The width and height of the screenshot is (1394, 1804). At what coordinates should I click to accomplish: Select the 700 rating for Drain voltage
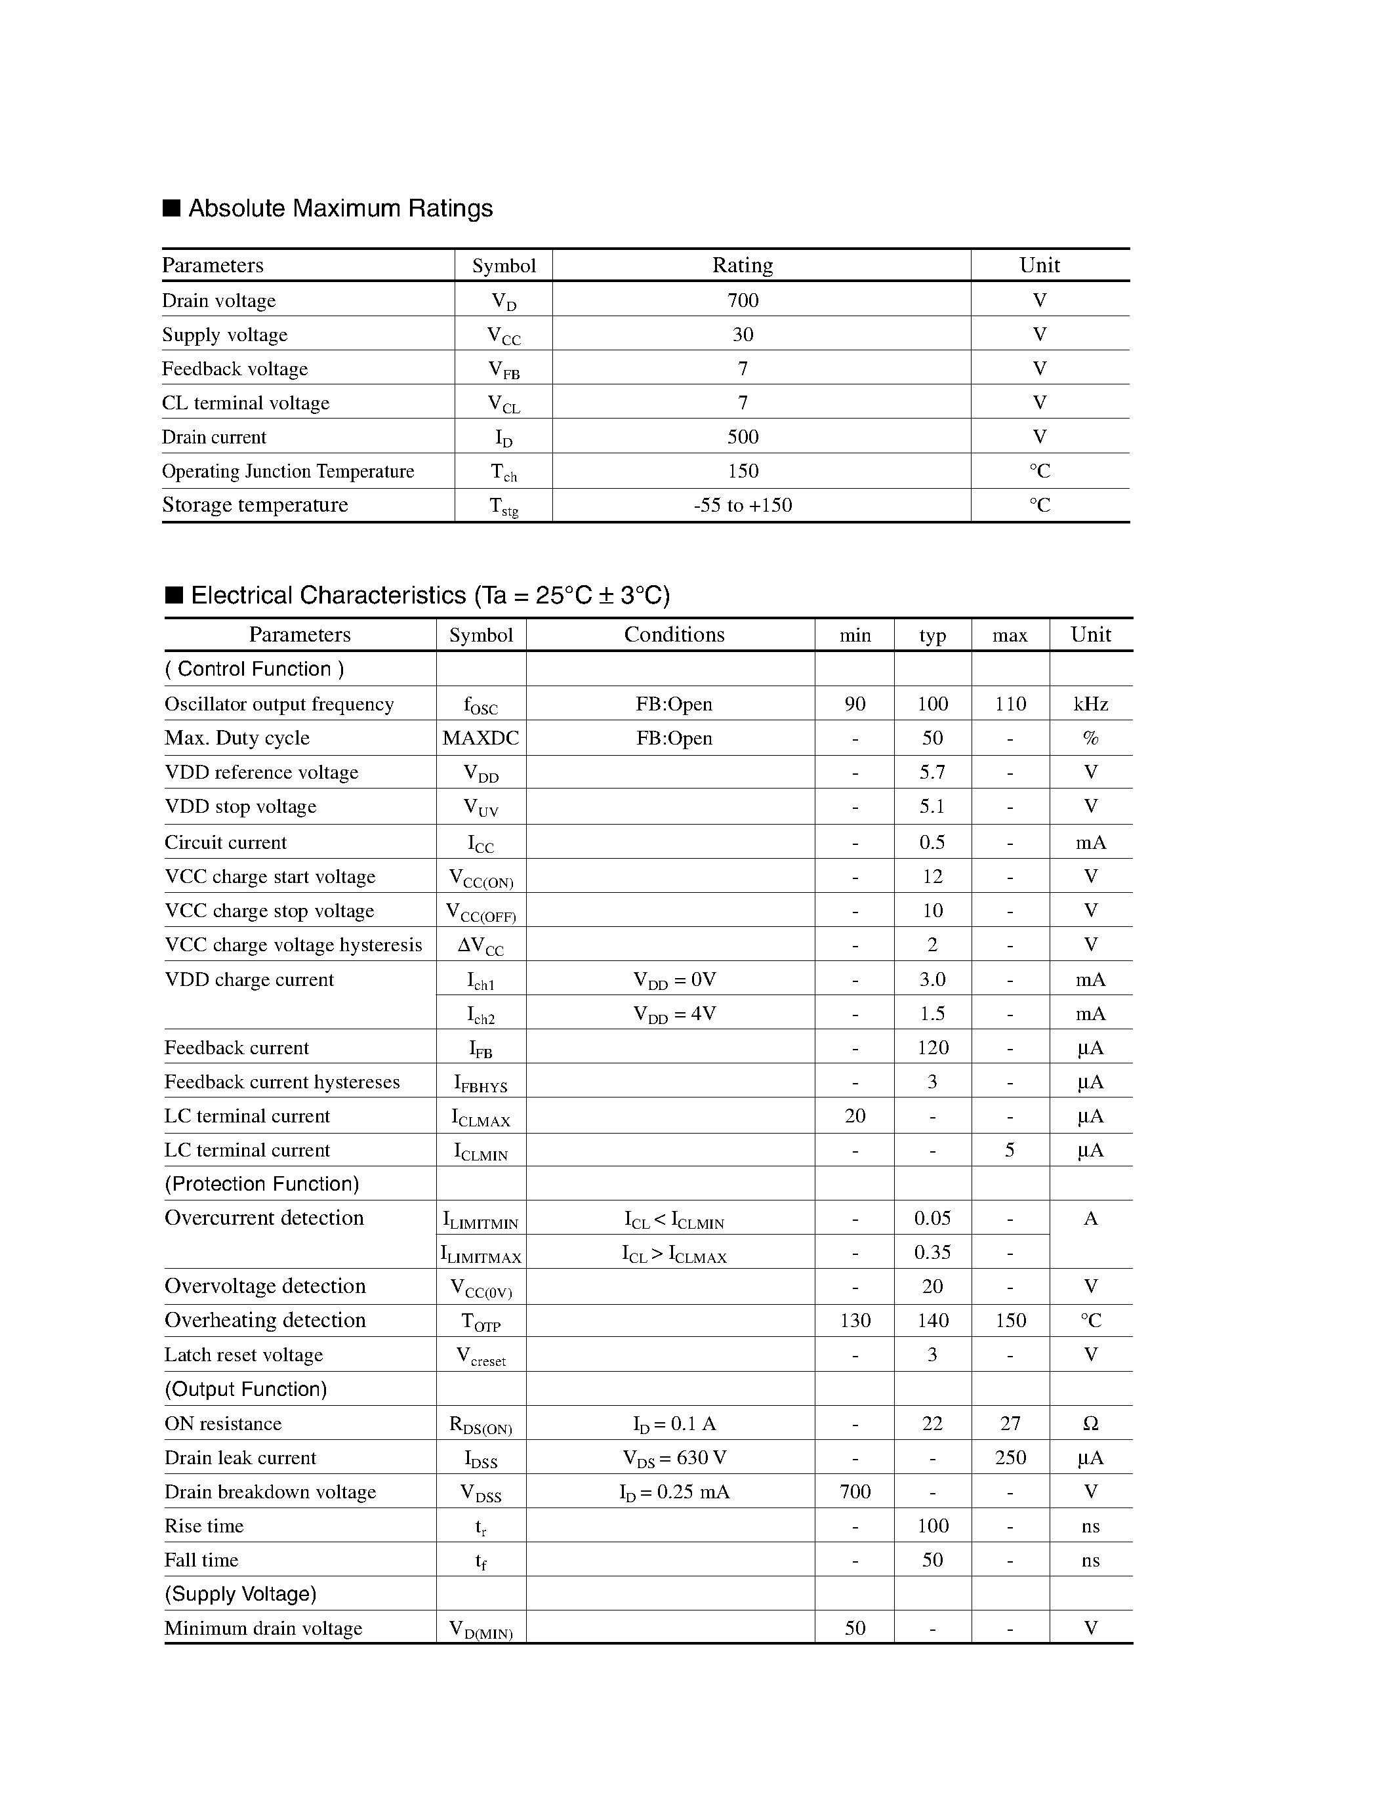[x=743, y=300]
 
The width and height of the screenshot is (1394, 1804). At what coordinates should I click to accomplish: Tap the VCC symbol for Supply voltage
[x=504, y=335]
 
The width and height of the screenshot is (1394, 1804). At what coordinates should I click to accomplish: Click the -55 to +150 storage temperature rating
[x=743, y=504]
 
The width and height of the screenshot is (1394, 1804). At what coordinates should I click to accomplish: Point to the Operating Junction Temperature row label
[x=287, y=471]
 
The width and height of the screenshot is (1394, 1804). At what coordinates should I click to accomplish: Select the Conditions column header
[x=674, y=634]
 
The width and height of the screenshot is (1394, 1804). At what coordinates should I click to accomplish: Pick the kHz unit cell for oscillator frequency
[x=1090, y=704]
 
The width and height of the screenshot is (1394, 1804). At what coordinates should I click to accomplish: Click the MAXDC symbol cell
[x=481, y=737]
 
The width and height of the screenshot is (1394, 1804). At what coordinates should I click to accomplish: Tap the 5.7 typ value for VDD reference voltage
[x=932, y=772]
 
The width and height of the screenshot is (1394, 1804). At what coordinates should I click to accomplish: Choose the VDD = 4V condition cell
[x=674, y=1014]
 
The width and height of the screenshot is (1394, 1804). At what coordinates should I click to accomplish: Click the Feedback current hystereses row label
[x=281, y=1082]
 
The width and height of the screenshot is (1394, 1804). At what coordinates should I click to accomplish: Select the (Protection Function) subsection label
[x=262, y=1183]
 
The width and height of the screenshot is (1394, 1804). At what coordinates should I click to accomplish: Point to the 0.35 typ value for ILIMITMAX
[x=932, y=1252]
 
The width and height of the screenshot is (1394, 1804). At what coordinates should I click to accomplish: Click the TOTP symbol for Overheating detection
[x=481, y=1322]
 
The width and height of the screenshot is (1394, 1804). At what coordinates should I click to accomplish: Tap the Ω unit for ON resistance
[x=1090, y=1424]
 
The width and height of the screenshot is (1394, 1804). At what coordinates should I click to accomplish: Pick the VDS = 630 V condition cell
[x=674, y=1458]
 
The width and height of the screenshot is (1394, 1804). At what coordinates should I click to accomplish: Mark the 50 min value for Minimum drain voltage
[x=855, y=1628]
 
